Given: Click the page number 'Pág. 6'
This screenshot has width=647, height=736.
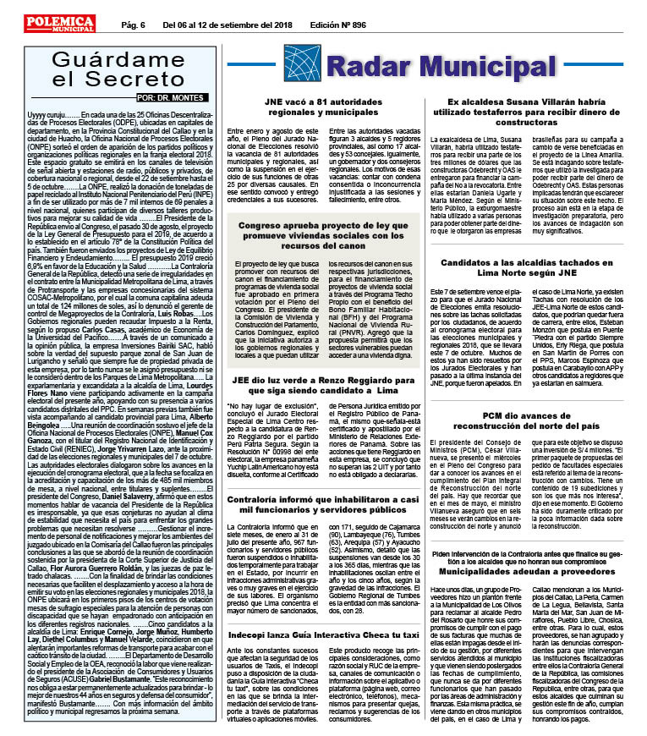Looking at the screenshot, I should [x=134, y=25].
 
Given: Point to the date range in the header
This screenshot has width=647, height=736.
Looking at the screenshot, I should [x=222, y=25].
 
